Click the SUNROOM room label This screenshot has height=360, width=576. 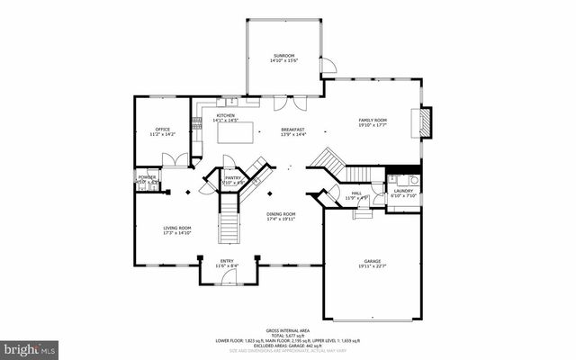pos(283,57)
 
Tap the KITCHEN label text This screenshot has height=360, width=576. pos(225,115)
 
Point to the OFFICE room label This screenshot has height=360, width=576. pos(163,130)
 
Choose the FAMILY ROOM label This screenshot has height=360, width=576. pos(373,120)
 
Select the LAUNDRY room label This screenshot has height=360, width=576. pos(403,191)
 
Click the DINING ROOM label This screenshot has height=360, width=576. pos(281,213)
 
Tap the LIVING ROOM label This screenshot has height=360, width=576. pos(176,228)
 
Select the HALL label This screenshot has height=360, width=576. pos(356,193)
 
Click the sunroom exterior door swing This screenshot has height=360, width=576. pos(328,67)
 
